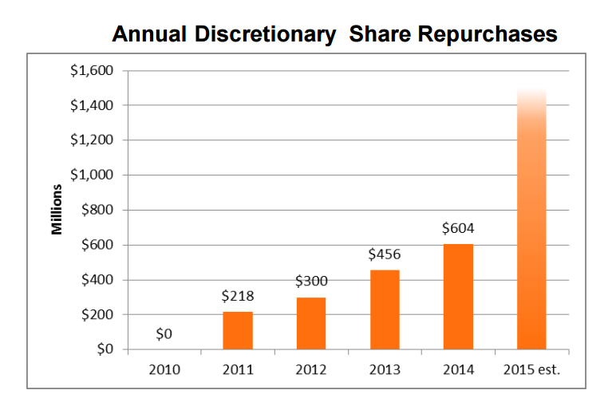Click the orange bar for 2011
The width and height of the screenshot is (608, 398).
[238, 330]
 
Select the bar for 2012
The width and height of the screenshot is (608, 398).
[311, 323]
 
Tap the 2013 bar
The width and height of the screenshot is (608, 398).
[385, 309]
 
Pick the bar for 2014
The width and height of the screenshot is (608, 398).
[458, 297]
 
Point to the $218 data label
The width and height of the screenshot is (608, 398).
[238, 297]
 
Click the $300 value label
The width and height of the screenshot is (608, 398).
[311, 282]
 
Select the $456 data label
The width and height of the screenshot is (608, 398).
[385, 254]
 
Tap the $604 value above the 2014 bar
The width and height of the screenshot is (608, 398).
[458, 229]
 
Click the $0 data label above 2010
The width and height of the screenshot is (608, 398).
[164, 334]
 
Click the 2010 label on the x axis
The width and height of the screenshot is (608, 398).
[164, 369]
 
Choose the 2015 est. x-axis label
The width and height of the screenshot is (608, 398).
[531, 369]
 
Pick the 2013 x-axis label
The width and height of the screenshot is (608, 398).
[385, 369]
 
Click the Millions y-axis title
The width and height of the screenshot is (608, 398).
[57, 210]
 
